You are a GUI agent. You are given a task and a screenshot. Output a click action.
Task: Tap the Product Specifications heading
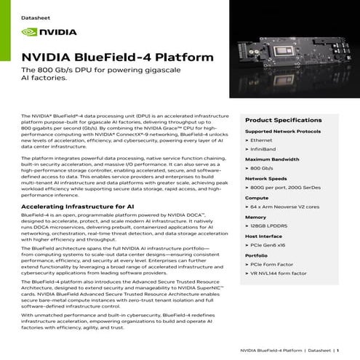(278, 119)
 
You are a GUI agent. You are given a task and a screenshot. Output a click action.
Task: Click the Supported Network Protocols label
(283, 131)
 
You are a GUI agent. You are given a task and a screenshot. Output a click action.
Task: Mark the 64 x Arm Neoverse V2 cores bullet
(285, 207)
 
